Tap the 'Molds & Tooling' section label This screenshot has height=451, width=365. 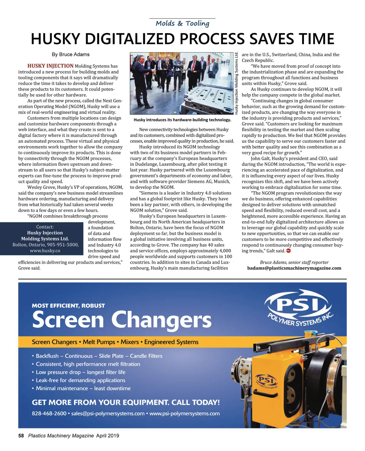coord(182,23)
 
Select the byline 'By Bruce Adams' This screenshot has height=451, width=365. coord(71,54)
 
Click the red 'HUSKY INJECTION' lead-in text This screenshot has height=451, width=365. coord(50,66)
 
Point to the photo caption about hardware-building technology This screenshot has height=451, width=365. coord(182,120)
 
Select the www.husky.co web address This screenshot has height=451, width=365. coord(45,251)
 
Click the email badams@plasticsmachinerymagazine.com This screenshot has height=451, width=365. coord(294,268)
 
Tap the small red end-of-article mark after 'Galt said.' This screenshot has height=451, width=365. coord(288,251)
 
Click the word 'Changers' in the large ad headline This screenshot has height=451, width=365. coord(161,320)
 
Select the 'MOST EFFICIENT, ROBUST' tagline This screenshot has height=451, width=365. coord(68,306)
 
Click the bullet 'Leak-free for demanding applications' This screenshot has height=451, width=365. coord(80,380)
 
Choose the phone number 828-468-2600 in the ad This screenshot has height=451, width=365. coord(49,413)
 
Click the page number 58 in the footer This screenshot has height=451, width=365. coord(21,436)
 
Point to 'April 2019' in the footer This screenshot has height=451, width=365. coord(108,436)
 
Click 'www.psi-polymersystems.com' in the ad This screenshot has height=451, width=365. coord(184,413)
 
